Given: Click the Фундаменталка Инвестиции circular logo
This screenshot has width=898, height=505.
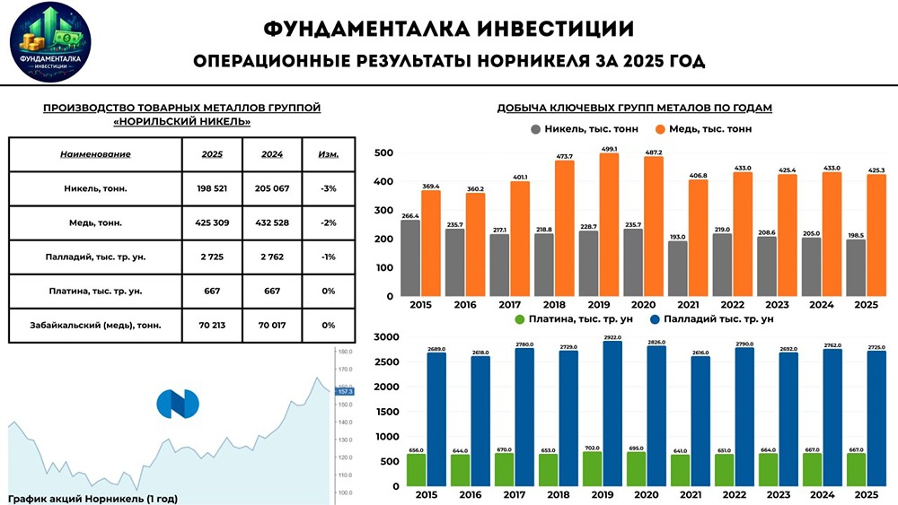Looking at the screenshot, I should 51,43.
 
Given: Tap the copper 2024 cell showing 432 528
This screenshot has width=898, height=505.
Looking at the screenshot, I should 272,222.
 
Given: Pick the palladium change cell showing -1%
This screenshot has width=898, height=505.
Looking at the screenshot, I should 328,257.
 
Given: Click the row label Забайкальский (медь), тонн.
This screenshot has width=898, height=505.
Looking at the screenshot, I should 95,324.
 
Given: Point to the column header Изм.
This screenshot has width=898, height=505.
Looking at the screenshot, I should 328,154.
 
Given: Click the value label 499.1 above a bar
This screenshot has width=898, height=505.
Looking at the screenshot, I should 608,148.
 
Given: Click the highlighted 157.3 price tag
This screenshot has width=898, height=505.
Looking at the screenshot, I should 346,391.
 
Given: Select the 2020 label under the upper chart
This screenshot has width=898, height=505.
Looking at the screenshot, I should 644,306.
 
